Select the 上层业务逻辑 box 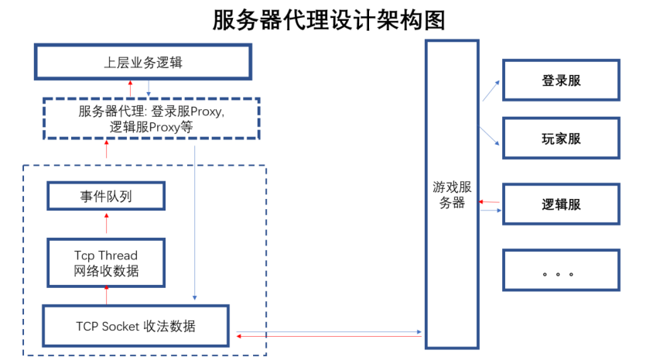pyautogui.click(x=143, y=62)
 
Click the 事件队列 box pyautogui.click(x=106, y=196)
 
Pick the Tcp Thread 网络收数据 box pyautogui.click(x=106, y=263)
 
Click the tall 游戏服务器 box pyautogui.click(x=452, y=194)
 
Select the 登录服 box pyautogui.click(x=561, y=80)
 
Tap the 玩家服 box pyautogui.click(x=561, y=139)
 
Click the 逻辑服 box pyautogui.click(x=561, y=204)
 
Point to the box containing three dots pyautogui.click(x=561, y=270)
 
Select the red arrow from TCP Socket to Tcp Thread pyautogui.click(x=106, y=295)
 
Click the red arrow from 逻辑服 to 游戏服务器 pyautogui.click(x=491, y=201)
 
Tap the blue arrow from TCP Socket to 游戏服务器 pyautogui.click(x=329, y=331)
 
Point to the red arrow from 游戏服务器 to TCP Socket pyautogui.click(x=329, y=337)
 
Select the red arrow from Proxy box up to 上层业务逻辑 pyautogui.click(x=130, y=88)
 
